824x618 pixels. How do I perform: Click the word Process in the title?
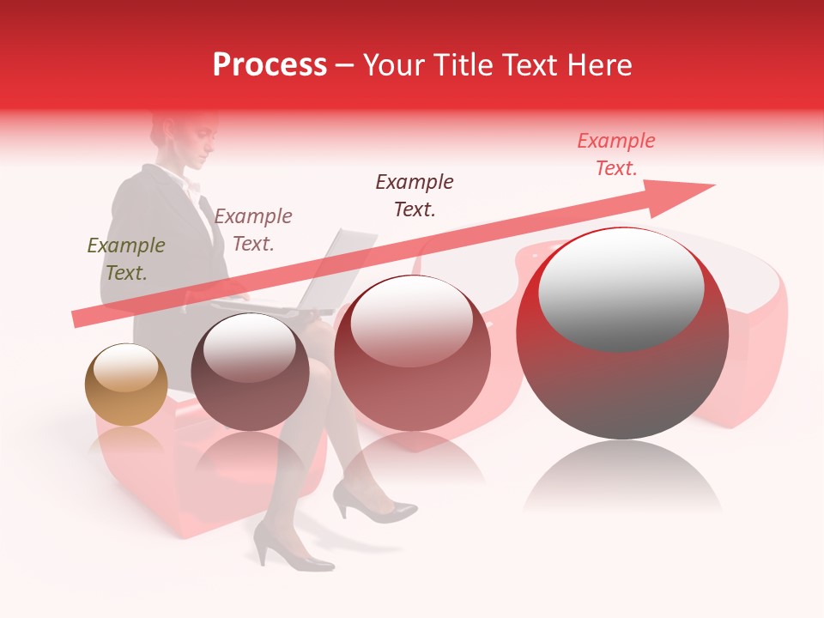click(270, 65)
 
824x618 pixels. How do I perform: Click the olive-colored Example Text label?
click(126, 258)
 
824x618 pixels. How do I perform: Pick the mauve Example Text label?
click(253, 229)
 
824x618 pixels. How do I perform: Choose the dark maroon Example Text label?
click(415, 195)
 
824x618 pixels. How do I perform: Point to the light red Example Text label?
click(616, 154)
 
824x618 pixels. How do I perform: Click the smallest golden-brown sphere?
click(126, 385)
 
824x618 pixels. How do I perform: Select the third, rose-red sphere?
click(413, 352)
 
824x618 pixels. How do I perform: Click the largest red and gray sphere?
click(622, 333)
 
